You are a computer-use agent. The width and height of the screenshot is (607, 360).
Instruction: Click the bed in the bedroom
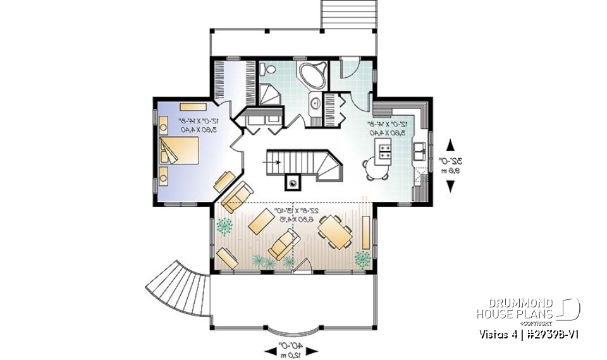[181, 152]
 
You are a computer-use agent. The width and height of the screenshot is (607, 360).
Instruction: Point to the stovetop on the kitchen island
[385, 150]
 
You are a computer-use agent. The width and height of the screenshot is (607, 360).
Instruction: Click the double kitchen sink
[419, 152]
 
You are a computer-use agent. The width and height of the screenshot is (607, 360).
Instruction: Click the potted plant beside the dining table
[363, 258]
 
